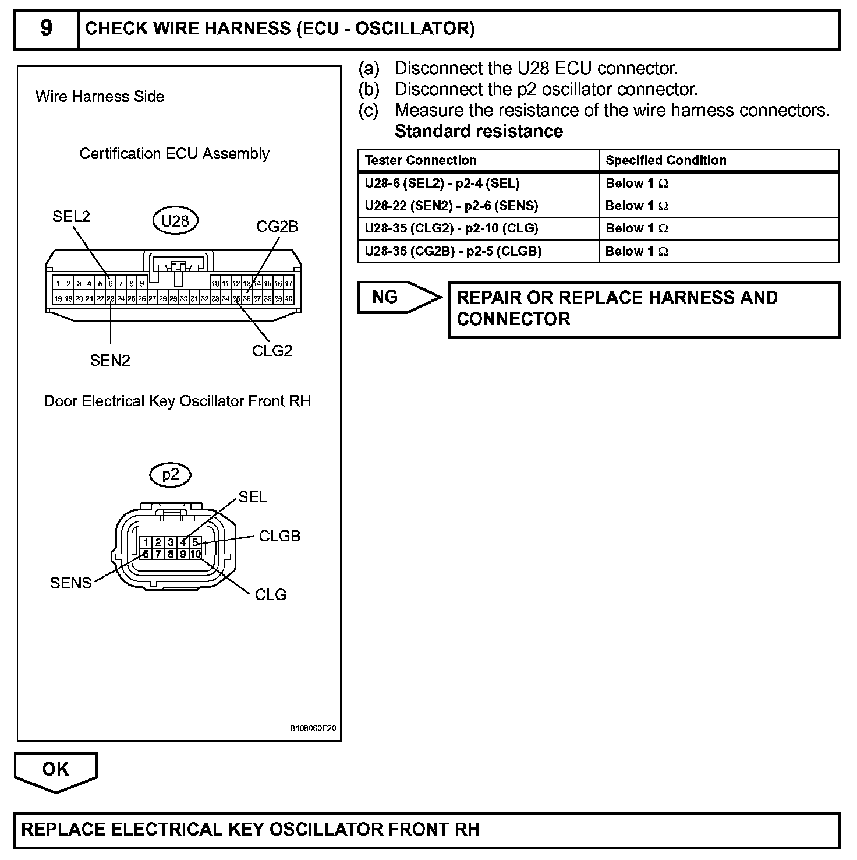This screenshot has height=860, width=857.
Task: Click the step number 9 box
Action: tap(46, 29)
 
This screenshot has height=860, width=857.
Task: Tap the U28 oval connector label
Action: tap(175, 221)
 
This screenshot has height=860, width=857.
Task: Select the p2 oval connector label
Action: tap(171, 475)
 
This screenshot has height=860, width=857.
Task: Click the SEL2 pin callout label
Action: tap(71, 217)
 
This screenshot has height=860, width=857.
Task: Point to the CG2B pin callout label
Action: tap(277, 227)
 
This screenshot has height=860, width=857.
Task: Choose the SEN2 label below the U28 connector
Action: tap(110, 361)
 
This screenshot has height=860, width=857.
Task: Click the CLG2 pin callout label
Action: tap(272, 351)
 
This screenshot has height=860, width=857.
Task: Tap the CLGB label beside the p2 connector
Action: tap(279, 536)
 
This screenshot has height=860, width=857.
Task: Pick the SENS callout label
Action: tap(71, 583)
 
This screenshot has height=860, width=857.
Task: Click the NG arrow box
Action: tap(399, 297)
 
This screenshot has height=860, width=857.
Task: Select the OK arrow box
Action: tap(56, 770)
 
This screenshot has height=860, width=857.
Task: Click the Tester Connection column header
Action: tap(420, 160)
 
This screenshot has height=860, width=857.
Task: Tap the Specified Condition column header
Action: tap(666, 160)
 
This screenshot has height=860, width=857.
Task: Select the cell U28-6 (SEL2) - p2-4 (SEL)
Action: tap(442, 183)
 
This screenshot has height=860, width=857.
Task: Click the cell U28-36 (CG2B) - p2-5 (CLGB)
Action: tap(453, 251)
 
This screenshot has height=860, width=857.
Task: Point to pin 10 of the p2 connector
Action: tap(196, 554)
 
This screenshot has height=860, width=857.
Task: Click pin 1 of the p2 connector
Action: tap(146, 542)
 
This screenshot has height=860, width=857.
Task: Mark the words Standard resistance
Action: tap(479, 131)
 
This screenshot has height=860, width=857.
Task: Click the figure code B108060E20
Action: tap(313, 728)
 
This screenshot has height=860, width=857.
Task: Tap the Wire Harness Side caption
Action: tap(100, 97)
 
